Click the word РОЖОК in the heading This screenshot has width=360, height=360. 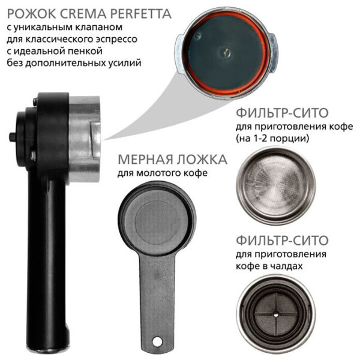click(31, 14)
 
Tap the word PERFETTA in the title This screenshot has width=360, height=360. click(141, 14)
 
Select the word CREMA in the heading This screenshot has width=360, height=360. click(83, 14)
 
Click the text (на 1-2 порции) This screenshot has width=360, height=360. click(272, 139)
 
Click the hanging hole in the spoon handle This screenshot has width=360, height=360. click(157, 341)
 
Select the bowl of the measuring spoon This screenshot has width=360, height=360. click(157, 218)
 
